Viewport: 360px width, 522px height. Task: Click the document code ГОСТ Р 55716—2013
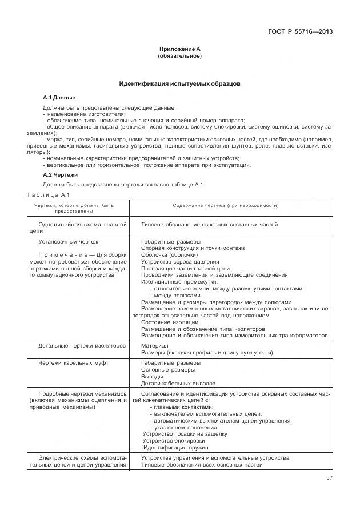[300, 31]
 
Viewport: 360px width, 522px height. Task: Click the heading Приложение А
[179, 49]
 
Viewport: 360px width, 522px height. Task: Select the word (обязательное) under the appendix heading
[179, 56]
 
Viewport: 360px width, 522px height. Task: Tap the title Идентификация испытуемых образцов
[179, 83]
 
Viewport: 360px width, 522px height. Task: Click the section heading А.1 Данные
[59, 98]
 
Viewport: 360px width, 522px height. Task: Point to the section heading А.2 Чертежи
[61, 174]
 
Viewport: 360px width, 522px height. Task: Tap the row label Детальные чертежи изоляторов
[82, 346]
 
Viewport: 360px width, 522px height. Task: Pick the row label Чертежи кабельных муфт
[73, 362]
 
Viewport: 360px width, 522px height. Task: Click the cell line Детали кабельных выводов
[178, 383]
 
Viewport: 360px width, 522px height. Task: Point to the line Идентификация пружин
[171, 448]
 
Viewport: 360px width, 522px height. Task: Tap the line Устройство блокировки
[173, 441]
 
